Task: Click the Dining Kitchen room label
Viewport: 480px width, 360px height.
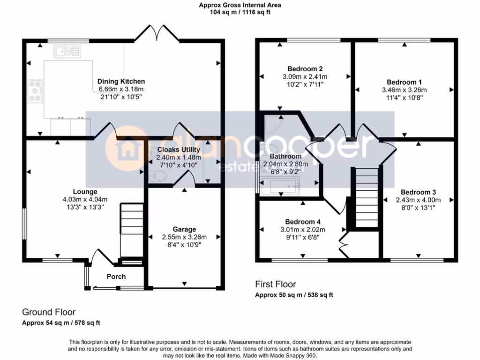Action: point(121,81)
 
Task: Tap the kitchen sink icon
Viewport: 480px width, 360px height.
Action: point(67,51)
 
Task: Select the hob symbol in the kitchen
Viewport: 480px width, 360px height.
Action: point(36,89)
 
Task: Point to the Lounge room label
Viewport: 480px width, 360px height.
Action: point(85,191)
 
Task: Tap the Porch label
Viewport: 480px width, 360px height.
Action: point(116,277)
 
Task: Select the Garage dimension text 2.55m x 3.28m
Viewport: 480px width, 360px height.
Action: point(184,237)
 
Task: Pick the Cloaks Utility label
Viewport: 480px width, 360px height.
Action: point(179,150)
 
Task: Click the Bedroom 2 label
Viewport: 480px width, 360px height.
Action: point(305,69)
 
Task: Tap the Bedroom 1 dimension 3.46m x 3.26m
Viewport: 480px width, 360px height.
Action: point(405,90)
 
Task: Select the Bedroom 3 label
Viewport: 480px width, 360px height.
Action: point(418,192)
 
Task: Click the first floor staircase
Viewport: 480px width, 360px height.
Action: point(365,197)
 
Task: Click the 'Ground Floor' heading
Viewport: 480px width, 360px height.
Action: point(49,312)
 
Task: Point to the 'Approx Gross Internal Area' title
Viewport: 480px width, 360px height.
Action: point(240,6)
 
